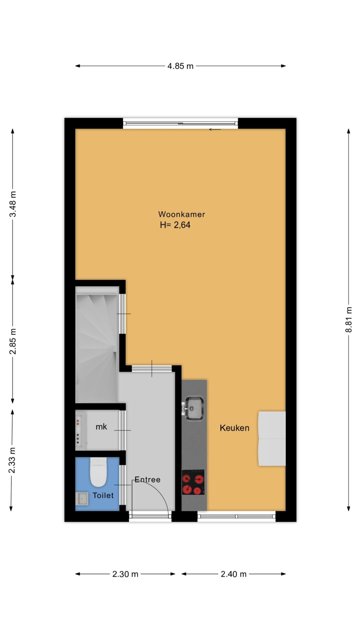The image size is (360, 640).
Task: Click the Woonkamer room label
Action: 181,214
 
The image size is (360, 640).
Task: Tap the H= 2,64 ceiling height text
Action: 175,225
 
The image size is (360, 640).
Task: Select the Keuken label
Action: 234,428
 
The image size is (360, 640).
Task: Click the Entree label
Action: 147,480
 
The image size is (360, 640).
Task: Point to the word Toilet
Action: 103,495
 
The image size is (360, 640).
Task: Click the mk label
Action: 101,427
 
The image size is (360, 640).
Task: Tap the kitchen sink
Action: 194,408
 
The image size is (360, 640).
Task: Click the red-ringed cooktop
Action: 193,482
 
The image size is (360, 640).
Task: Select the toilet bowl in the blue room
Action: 98,472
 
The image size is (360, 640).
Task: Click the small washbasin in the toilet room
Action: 82,499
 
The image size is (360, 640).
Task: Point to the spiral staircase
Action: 97,344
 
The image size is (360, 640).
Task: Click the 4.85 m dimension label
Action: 180,66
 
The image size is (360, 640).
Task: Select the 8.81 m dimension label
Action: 349,320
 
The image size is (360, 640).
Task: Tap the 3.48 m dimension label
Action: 13,204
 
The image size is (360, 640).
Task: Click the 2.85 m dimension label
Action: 13,341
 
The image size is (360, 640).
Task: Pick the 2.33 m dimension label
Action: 12,460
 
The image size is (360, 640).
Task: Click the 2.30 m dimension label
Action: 125,574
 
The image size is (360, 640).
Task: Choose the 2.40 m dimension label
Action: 234,574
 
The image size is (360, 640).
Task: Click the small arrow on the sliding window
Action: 215,129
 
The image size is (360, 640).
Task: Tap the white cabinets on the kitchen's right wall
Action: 272,438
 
